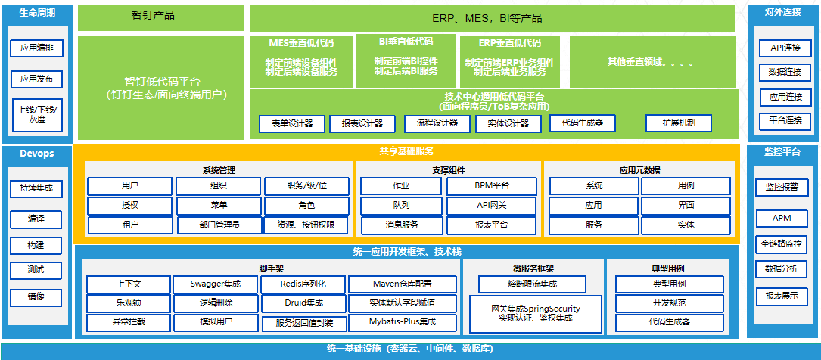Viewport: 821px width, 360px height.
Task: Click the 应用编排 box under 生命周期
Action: (x=36, y=48)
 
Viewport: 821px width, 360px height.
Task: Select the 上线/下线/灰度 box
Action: (x=36, y=113)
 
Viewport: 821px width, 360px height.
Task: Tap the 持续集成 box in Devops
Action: (x=36, y=188)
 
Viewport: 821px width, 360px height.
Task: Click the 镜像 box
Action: (x=36, y=296)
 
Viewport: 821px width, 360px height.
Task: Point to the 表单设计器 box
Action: (x=291, y=123)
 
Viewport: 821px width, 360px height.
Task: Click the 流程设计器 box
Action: (x=431, y=123)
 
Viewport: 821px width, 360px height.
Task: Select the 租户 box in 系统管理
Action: (x=129, y=225)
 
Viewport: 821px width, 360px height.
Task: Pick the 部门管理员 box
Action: (x=219, y=225)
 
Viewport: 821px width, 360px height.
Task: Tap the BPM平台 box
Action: (x=492, y=185)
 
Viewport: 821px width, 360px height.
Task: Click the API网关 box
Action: (x=492, y=205)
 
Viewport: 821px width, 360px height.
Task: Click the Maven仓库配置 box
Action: (x=402, y=284)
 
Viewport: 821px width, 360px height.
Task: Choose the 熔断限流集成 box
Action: (x=532, y=284)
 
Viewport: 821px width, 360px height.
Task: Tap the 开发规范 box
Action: (x=669, y=303)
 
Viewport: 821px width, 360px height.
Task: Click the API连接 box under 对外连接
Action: (x=784, y=48)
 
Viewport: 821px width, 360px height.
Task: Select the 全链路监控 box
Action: (x=782, y=244)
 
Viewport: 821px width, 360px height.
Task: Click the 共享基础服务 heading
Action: (x=406, y=151)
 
